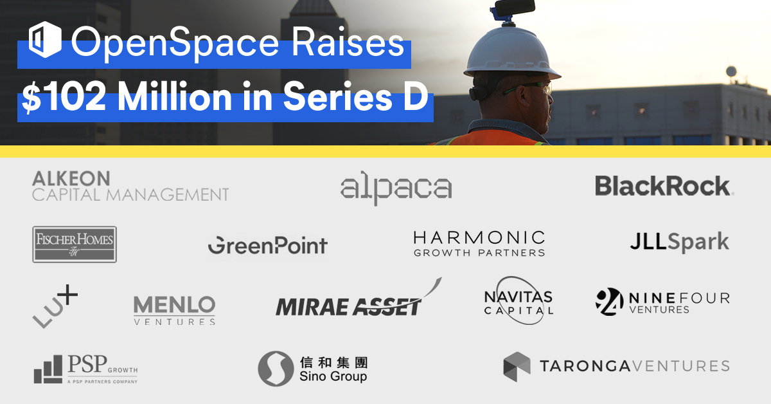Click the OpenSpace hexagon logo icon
(45, 41)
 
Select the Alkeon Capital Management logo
(130, 186)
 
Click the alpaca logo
(396, 188)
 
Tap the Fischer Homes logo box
(75, 244)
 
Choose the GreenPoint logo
(267, 245)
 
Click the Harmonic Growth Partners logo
(479, 244)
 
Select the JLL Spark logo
(679, 242)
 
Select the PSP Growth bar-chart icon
(49, 370)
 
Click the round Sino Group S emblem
(276, 369)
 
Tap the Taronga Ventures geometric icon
(517, 367)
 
